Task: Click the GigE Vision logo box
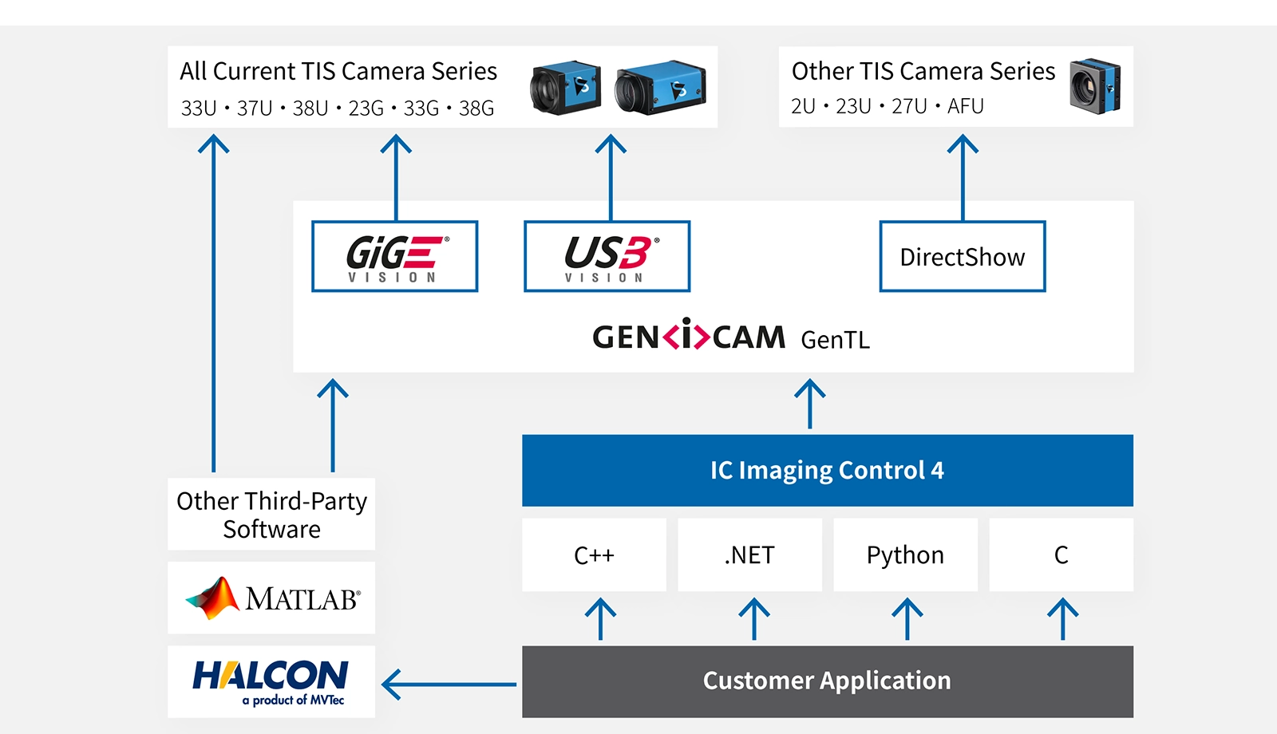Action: pos(394,256)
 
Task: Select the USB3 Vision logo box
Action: pos(607,256)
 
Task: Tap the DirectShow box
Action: pos(962,256)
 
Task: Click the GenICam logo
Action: pos(689,336)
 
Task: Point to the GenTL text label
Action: pos(835,340)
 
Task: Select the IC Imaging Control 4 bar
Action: pos(827,470)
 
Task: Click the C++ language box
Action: pos(594,554)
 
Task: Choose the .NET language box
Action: pos(749,554)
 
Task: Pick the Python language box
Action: pos(905,554)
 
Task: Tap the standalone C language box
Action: pos(1061,554)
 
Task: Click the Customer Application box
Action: pos(827,681)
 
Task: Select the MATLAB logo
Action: pos(271,598)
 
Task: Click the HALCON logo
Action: pos(271,681)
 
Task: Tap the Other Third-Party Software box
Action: pos(271,514)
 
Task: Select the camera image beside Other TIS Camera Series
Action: pos(1095,86)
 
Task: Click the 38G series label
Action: pos(476,108)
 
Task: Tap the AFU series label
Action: pos(965,106)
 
